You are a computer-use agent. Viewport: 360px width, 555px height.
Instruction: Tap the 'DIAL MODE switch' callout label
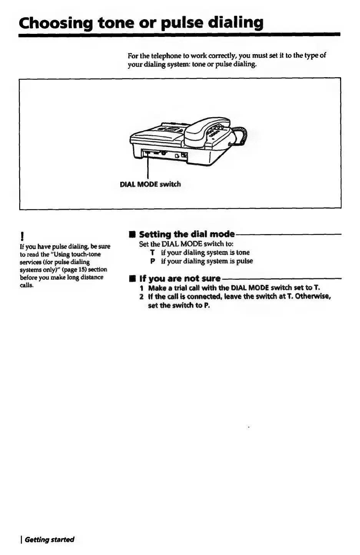tap(150, 184)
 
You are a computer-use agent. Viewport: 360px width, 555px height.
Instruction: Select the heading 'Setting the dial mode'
tap(187, 234)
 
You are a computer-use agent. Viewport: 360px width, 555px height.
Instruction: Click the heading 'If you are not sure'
tap(180, 278)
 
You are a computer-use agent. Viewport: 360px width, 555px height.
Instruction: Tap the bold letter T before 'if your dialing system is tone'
tap(153, 253)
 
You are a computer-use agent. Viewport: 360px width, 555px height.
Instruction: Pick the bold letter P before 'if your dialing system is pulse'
tap(153, 261)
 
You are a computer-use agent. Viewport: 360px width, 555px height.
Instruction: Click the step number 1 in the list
tap(141, 288)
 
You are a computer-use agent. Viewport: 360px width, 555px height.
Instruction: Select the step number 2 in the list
tap(141, 297)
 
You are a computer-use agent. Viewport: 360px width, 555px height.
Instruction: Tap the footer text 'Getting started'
tap(50, 540)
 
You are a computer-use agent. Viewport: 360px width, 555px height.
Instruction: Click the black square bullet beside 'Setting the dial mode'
tap(132, 234)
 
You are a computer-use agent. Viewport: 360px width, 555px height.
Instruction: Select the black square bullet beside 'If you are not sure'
tap(132, 278)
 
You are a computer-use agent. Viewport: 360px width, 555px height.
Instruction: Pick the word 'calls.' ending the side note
tap(27, 285)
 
